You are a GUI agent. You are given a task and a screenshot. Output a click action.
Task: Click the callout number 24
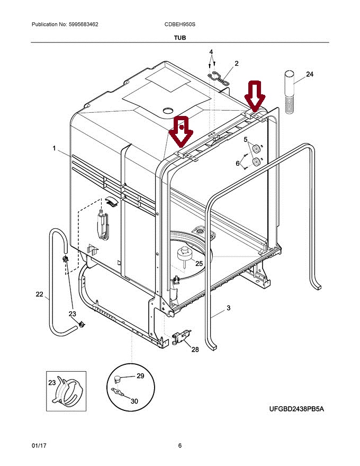(x=310, y=74)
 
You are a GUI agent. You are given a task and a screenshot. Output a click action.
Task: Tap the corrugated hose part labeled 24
(x=291, y=92)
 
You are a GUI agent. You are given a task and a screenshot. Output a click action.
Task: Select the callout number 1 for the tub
(x=54, y=149)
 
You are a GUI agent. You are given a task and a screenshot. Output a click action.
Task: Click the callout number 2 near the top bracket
(x=236, y=64)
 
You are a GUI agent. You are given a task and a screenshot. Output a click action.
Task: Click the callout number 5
(x=246, y=140)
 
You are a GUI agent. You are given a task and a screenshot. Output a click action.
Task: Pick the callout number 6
(x=238, y=164)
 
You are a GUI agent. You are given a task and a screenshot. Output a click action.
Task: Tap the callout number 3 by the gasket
(x=228, y=308)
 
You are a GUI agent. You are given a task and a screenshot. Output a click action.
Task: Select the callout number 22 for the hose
(x=39, y=294)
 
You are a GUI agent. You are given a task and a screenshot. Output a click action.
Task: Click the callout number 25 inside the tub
(x=199, y=263)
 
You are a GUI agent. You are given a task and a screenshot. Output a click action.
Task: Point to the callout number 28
(x=195, y=349)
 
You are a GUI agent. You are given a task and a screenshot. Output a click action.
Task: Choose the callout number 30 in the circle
(x=134, y=401)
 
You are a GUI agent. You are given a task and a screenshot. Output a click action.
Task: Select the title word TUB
(x=179, y=38)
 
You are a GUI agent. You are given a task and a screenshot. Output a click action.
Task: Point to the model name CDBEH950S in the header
(x=180, y=25)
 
